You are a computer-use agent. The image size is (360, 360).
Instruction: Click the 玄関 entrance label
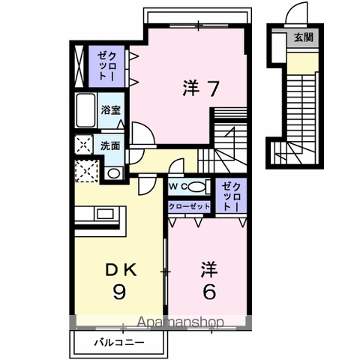click(x=304, y=37)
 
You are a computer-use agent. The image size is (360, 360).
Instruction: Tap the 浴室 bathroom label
click(x=111, y=109)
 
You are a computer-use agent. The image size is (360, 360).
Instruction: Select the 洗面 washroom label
click(x=110, y=145)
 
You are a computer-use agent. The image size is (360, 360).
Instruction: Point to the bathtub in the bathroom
click(x=85, y=110)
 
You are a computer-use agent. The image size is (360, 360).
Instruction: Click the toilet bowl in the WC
click(x=197, y=186)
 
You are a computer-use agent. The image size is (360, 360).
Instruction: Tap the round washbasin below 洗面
click(x=114, y=173)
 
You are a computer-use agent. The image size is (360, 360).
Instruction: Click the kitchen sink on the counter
click(x=105, y=214)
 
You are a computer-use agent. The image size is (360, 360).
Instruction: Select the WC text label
click(x=178, y=186)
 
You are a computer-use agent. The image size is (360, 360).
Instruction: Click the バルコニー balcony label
click(x=119, y=342)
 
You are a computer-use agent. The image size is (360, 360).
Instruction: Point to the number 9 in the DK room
click(x=119, y=292)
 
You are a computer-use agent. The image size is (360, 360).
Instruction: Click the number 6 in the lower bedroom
click(x=209, y=292)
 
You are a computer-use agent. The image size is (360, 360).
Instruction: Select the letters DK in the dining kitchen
click(x=121, y=270)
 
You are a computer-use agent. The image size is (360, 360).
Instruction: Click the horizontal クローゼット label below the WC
click(x=189, y=206)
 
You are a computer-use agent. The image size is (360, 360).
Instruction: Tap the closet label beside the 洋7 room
click(x=107, y=66)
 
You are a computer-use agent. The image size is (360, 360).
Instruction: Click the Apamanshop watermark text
click(x=180, y=322)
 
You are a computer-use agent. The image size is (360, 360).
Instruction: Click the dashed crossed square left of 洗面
click(x=83, y=145)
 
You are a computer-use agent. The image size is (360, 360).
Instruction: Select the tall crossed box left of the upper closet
click(x=79, y=66)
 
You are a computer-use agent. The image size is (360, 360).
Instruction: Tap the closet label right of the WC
click(x=231, y=196)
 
